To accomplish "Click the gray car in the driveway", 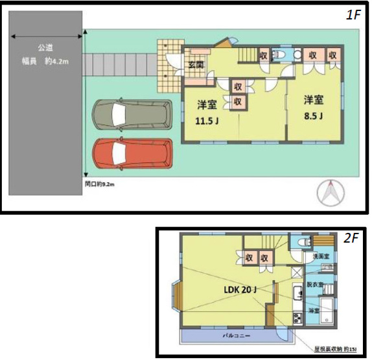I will pyautogui.click(x=133, y=115).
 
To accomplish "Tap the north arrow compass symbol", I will pyautogui.click(x=331, y=193).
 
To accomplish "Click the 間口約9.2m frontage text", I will pyautogui.click(x=100, y=184).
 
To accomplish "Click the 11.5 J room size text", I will pyautogui.click(x=208, y=119).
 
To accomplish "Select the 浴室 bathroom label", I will pyautogui.click(x=313, y=311).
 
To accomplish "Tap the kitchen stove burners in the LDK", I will pyautogui.click(x=297, y=318).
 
